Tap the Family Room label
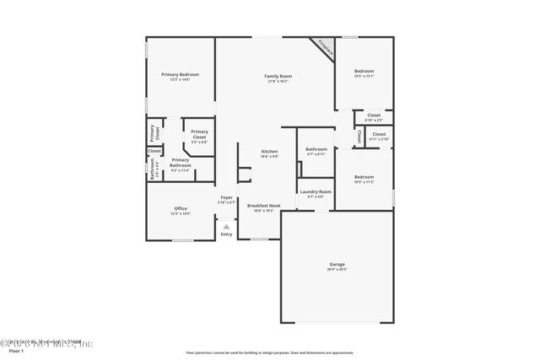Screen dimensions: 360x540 tap(278, 76)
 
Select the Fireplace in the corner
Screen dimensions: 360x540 tap(324, 47)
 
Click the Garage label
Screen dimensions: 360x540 tap(337, 265)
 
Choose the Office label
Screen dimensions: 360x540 tap(181, 208)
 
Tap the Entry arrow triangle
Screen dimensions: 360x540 tap(225, 226)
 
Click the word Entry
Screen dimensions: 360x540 tap(225, 234)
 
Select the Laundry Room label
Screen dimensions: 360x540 tap(315, 191)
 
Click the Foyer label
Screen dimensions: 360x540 tap(227, 198)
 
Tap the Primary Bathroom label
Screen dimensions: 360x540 tap(180, 162)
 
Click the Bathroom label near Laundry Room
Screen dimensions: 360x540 tap(316, 149)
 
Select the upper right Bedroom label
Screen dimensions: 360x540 tap(364, 71)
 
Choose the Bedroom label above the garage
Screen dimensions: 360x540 tap(364, 177)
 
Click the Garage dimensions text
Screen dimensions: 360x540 tap(337, 270)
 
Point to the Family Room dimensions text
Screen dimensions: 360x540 tap(278, 81)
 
